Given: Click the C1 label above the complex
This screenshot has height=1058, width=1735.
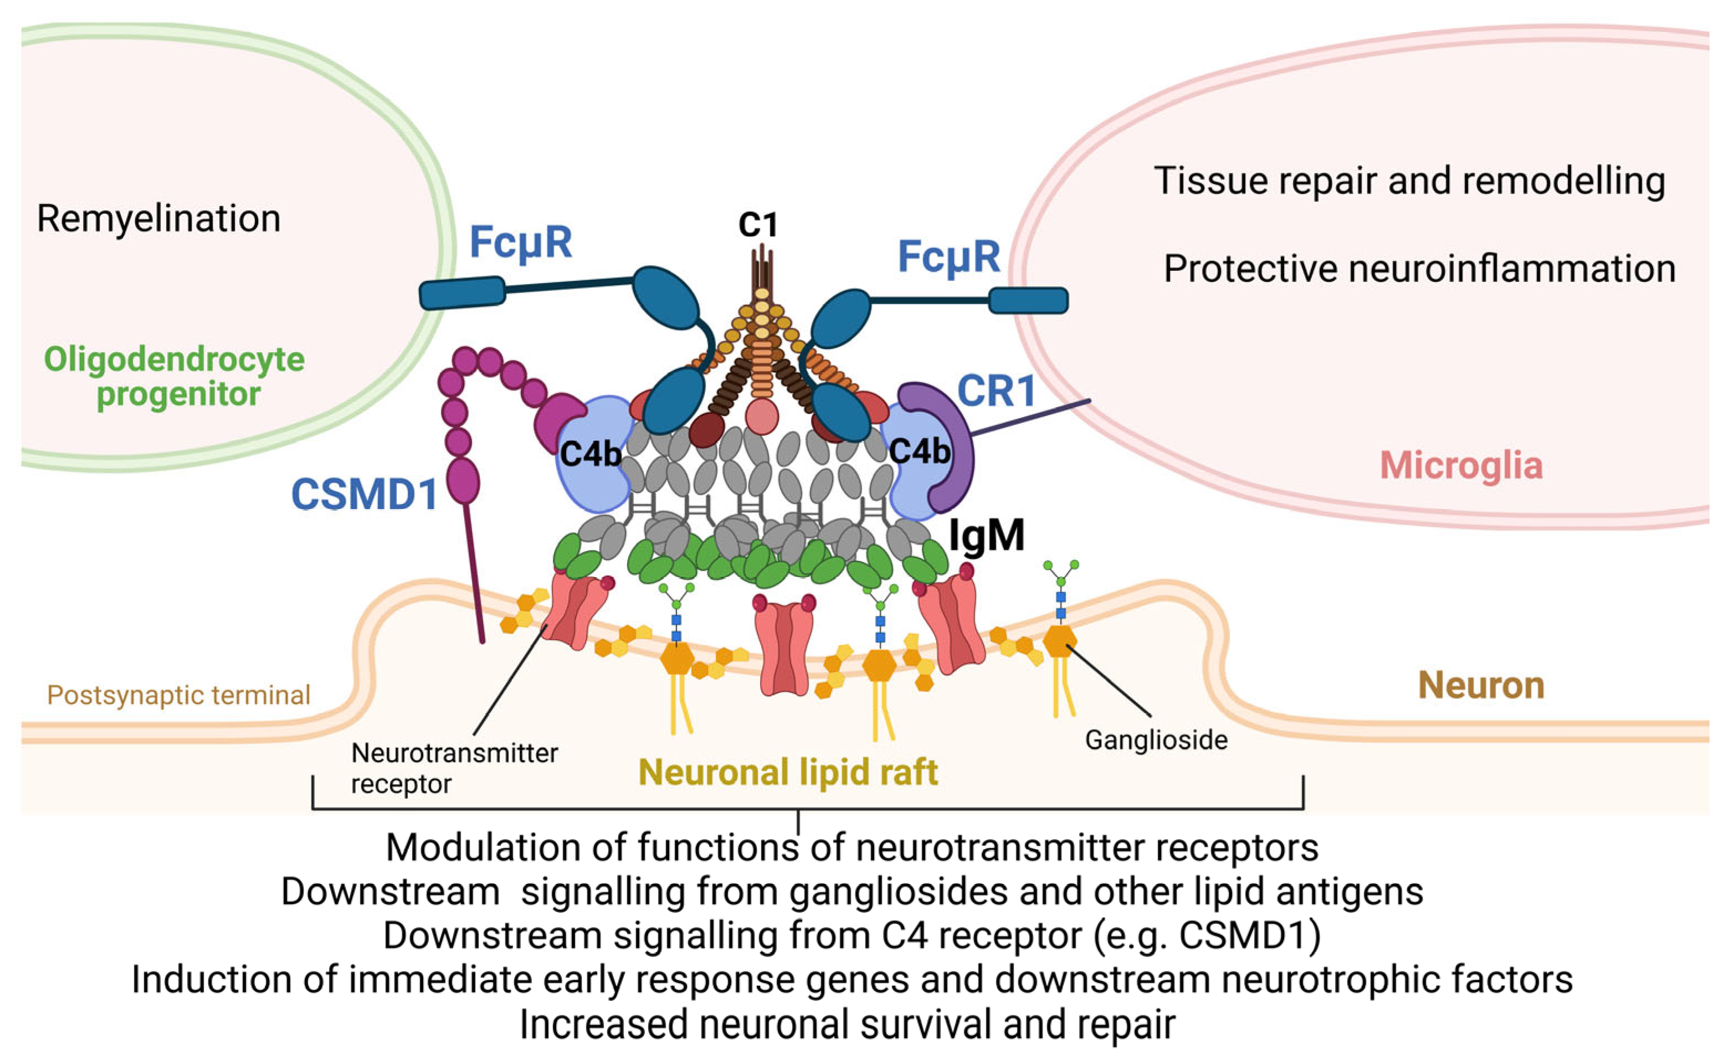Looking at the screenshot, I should coord(758,225).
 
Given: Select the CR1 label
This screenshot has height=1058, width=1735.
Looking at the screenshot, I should coord(995,392).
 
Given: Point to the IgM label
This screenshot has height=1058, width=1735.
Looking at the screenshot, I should coord(986,536).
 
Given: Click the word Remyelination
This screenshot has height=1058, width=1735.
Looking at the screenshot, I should coord(158,218).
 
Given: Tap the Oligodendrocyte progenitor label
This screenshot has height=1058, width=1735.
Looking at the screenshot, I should coord(174,377).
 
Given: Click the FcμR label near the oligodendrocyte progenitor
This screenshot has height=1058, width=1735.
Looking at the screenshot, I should coord(520,243).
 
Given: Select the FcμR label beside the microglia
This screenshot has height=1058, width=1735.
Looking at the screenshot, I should coord(948,257).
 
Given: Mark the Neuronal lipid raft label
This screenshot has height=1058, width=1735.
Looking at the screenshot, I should coord(788,772).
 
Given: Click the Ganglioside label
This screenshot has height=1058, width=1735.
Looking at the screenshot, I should coord(1156,740).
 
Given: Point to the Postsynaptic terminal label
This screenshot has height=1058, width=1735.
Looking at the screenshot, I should coord(178,696).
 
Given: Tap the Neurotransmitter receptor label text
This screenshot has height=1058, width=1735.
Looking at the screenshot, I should coord(454,768).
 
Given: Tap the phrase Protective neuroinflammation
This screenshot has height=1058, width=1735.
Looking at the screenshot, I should coord(1419,269).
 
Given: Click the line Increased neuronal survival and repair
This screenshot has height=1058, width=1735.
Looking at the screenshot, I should coord(847,1025).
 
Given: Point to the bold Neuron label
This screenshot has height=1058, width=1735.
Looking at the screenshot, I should coord(1481,686).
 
